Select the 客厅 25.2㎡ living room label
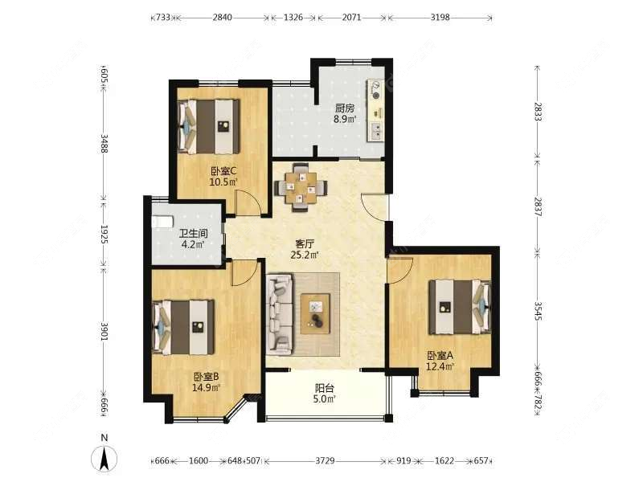303,250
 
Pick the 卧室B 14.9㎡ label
207,382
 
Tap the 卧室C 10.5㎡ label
223,176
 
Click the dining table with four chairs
301,188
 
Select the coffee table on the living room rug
317,312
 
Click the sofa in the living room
280,313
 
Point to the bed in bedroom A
459,306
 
